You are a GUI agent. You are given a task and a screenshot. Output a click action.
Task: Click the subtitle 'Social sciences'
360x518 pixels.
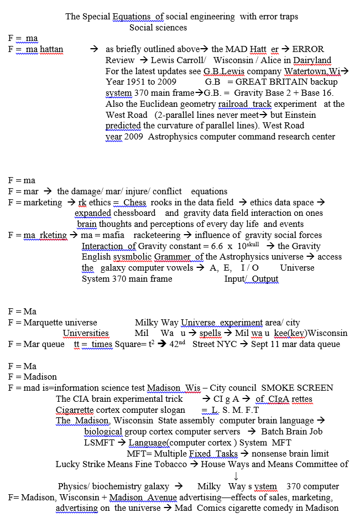158,27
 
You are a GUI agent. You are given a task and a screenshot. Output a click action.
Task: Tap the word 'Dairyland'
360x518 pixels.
312,60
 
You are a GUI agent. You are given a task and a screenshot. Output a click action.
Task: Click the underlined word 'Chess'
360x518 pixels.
135,203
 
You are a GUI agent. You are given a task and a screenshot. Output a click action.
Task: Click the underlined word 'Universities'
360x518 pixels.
86,333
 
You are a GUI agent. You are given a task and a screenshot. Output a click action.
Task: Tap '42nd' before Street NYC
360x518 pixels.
178,344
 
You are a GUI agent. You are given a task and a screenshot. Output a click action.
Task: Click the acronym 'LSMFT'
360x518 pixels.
100,443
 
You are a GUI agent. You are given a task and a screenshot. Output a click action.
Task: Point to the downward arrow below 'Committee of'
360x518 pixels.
236,475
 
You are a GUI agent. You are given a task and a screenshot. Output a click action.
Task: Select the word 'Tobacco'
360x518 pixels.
169,464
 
